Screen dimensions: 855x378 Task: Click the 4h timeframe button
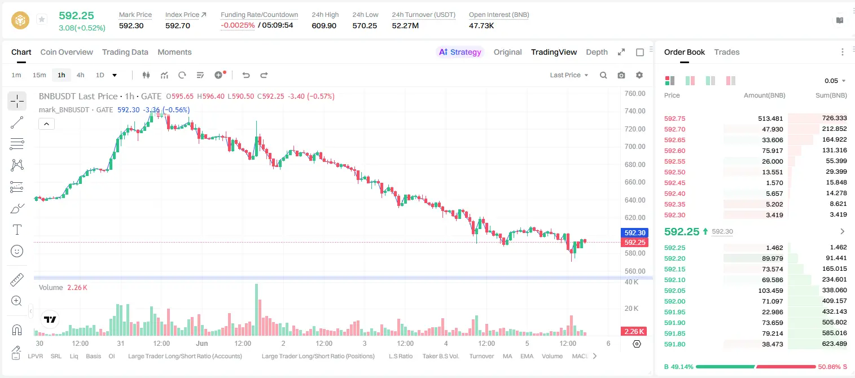pyautogui.click(x=80, y=75)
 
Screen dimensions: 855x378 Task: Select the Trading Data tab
pyautogui.click(x=125, y=52)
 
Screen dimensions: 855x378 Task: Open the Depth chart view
pyautogui.click(x=597, y=52)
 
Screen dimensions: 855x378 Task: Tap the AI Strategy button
pyautogui.click(x=460, y=52)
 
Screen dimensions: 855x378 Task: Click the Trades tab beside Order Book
pyautogui.click(x=727, y=52)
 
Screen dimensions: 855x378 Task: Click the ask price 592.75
pyautogui.click(x=674, y=118)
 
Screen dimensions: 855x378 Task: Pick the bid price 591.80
pyautogui.click(x=674, y=344)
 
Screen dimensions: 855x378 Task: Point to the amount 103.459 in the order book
pyautogui.click(x=770, y=291)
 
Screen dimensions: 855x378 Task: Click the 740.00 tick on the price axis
pyautogui.click(x=635, y=111)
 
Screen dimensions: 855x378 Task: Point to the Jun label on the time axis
pyautogui.click(x=202, y=343)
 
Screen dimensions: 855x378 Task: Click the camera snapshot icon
pyautogui.click(x=621, y=75)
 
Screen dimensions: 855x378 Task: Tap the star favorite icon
pyautogui.click(x=42, y=19)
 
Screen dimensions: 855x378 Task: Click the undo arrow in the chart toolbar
pyautogui.click(x=246, y=75)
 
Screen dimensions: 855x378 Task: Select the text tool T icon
pyautogui.click(x=17, y=230)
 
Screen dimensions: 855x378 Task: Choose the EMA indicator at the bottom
pyautogui.click(x=527, y=356)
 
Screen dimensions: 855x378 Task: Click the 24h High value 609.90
pyautogui.click(x=324, y=25)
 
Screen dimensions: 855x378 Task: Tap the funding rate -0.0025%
pyautogui.click(x=238, y=25)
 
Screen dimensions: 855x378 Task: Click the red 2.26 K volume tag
pyautogui.click(x=634, y=332)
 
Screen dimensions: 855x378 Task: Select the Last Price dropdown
pyautogui.click(x=569, y=75)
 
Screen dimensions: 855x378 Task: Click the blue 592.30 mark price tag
pyautogui.click(x=634, y=232)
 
